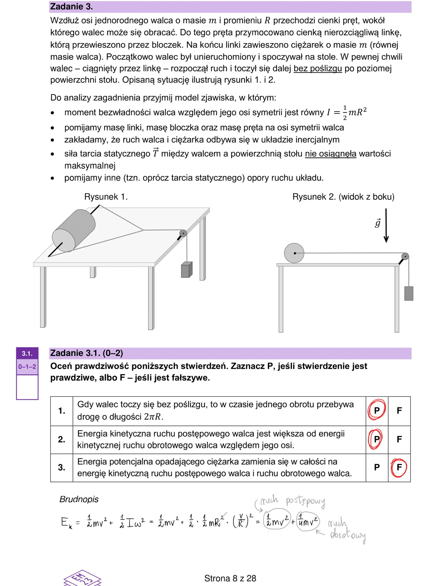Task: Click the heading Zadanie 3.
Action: (x=71, y=7)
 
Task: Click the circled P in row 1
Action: (x=376, y=410)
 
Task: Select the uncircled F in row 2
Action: (x=399, y=439)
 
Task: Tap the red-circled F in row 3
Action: (x=399, y=467)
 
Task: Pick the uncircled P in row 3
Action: (x=377, y=467)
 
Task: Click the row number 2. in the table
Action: (x=61, y=439)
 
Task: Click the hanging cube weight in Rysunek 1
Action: (x=186, y=270)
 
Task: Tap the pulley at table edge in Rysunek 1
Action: (x=183, y=233)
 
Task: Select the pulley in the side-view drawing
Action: (x=405, y=256)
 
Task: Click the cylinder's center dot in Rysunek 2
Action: (x=295, y=253)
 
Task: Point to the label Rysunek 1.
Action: (x=106, y=197)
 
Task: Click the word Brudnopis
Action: (x=79, y=499)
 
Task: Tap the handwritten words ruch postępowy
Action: (x=292, y=501)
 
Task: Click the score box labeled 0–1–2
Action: (x=27, y=367)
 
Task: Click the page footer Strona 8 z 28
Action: (x=230, y=578)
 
